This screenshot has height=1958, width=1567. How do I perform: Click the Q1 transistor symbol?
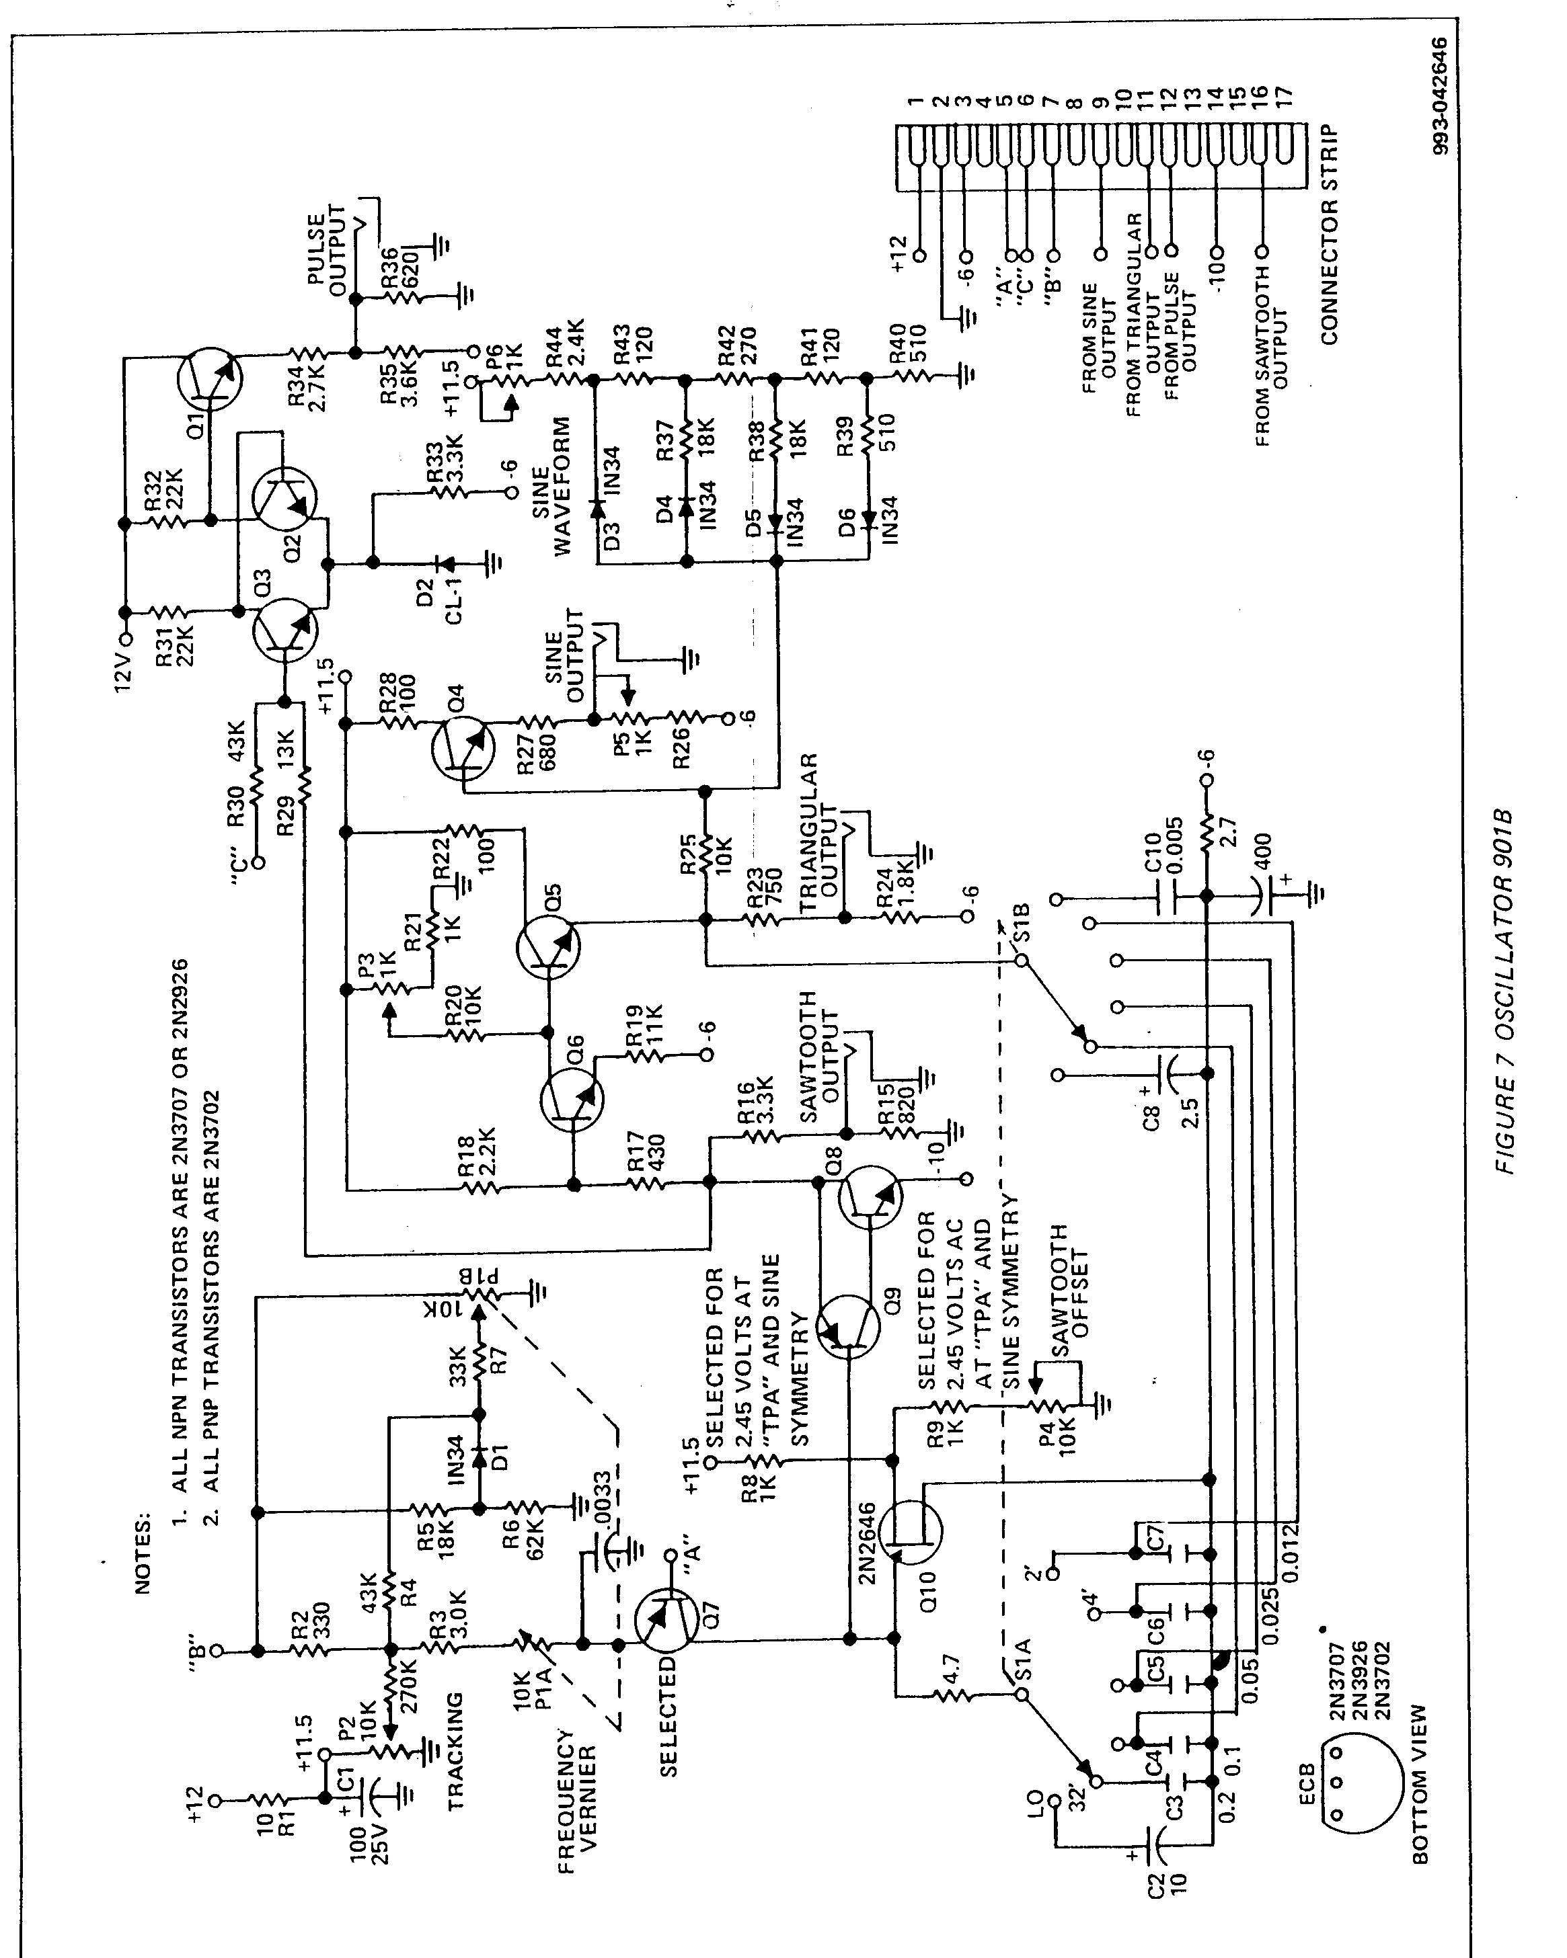click(210, 378)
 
